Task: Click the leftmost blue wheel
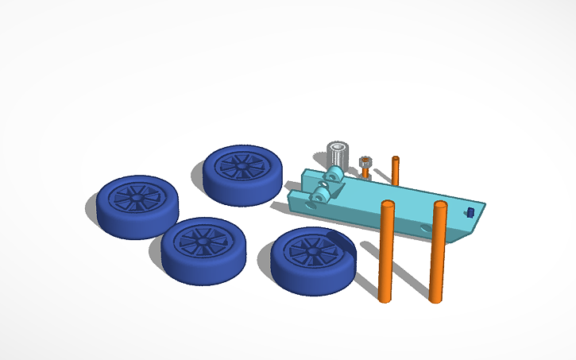click(x=137, y=207)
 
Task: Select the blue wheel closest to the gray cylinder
click(x=242, y=174)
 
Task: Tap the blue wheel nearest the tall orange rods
click(x=312, y=261)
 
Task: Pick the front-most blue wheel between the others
click(x=203, y=251)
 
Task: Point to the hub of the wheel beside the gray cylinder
click(x=239, y=165)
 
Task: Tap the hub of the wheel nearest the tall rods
click(x=311, y=250)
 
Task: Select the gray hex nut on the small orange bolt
click(x=365, y=161)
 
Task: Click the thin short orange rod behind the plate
click(x=395, y=171)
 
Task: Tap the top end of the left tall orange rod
click(x=388, y=205)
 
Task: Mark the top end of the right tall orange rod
click(x=440, y=206)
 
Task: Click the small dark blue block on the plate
click(x=470, y=212)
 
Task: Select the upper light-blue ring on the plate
click(x=334, y=173)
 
